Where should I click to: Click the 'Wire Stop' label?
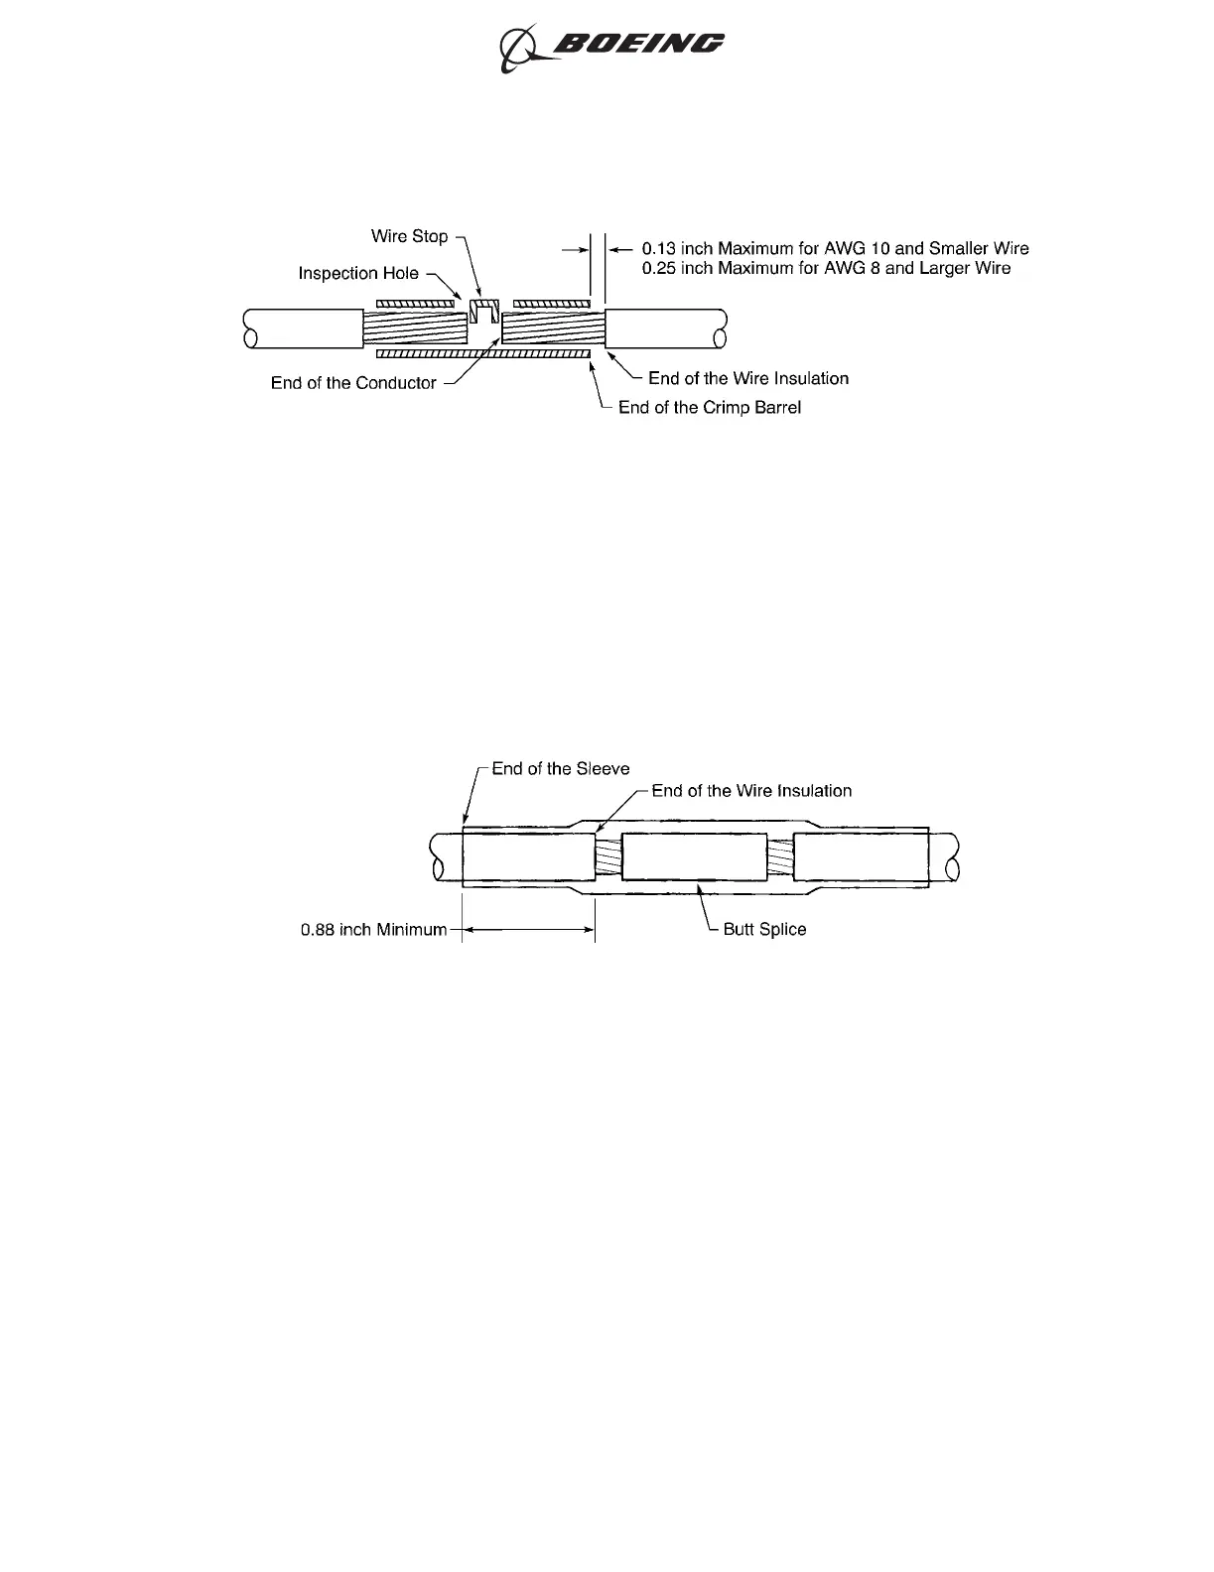pyautogui.click(x=409, y=236)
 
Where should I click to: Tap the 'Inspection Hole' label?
pyautogui.click(x=358, y=273)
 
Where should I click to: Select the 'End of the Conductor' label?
pyautogui.click(x=353, y=383)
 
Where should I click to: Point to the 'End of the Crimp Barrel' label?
pyautogui.click(x=709, y=408)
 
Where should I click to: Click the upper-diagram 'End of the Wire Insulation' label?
pyautogui.click(x=747, y=378)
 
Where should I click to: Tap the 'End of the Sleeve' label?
pyautogui.click(x=560, y=769)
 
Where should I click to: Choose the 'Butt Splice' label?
pyautogui.click(x=764, y=930)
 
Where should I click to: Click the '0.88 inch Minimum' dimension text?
pyautogui.click(x=373, y=930)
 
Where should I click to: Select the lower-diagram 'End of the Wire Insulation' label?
pyautogui.click(x=751, y=791)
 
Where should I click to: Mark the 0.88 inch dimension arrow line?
pyautogui.click(x=528, y=930)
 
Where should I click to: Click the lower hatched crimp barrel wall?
pyautogui.click(x=483, y=353)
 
